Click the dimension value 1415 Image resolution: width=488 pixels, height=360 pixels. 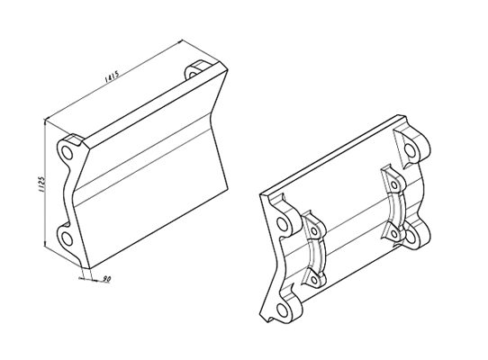pos(112,76)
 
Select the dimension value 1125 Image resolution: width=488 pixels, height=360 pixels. pos(42,184)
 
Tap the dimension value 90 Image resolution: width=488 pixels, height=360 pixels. pos(106,278)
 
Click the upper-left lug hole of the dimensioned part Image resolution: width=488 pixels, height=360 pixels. pos(67,152)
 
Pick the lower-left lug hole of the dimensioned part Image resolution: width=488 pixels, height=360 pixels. pos(67,238)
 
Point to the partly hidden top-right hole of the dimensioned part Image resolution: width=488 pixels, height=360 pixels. pos(193,75)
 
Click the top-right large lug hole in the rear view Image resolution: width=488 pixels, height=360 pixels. pos(411,150)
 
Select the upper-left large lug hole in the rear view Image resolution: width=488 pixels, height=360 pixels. pos(283,223)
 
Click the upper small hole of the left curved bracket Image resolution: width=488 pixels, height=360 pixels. pos(314,231)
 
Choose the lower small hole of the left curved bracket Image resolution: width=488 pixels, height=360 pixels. pos(314,280)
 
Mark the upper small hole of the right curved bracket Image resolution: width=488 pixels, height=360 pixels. pos(394,185)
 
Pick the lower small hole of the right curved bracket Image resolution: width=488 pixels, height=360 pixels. pos(394,234)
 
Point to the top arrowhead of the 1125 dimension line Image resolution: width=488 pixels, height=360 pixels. pos(45,121)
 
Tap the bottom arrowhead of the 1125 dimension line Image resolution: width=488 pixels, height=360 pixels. pos(45,244)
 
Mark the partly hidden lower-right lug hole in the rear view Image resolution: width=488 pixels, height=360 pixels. pos(411,237)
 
